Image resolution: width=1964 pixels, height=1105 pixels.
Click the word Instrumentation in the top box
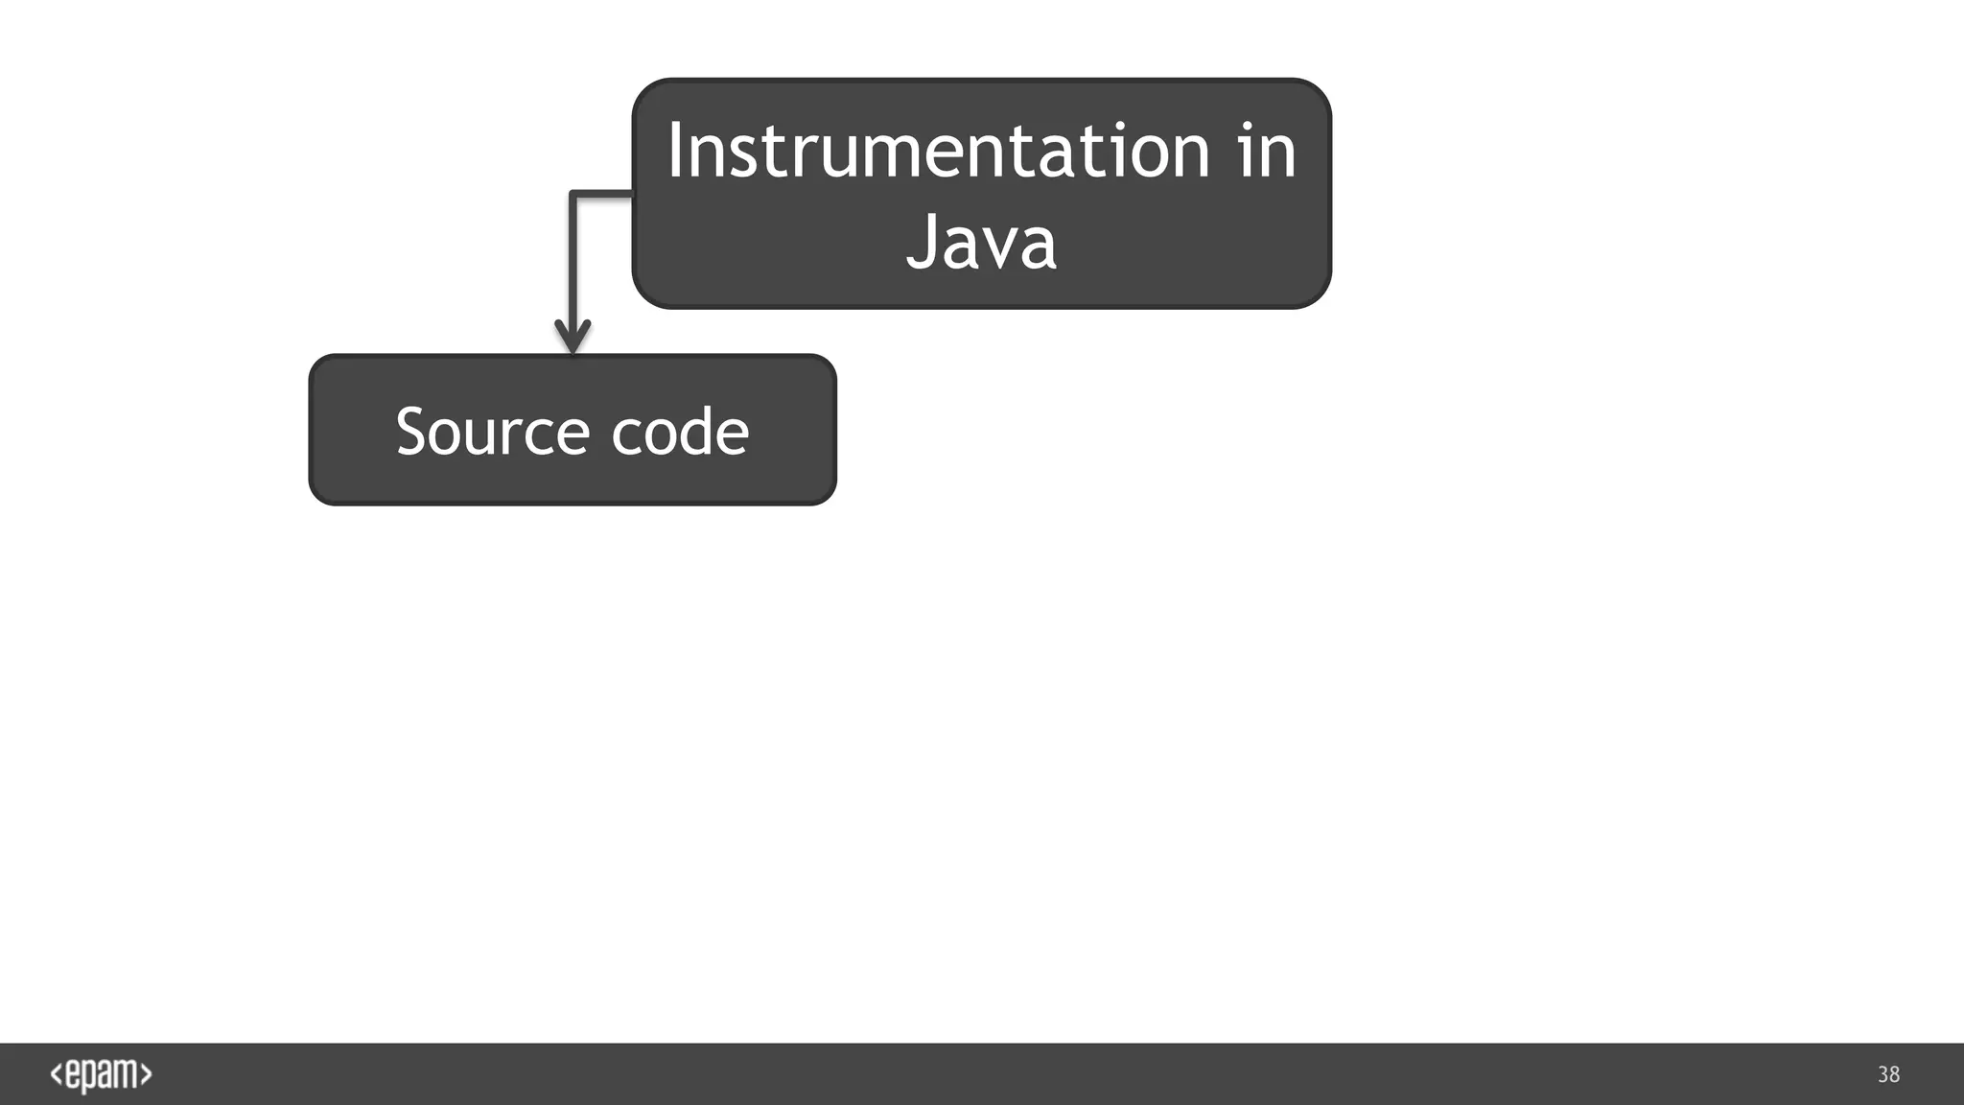(938, 151)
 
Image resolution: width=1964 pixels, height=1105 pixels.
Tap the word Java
(981, 241)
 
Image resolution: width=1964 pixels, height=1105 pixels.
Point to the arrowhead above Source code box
(573, 338)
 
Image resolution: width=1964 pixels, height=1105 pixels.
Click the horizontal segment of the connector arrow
(602, 195)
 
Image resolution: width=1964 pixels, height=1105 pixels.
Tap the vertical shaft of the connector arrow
(573, 259)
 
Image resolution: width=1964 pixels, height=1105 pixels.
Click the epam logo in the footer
(101, 1074)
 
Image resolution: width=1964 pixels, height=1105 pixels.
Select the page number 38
(1888, 1074)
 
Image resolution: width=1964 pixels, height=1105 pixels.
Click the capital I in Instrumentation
(675, 151)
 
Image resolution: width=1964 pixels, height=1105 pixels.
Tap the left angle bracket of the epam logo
(57, 1074)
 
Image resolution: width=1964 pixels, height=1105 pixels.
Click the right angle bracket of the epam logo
(146, 1074)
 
